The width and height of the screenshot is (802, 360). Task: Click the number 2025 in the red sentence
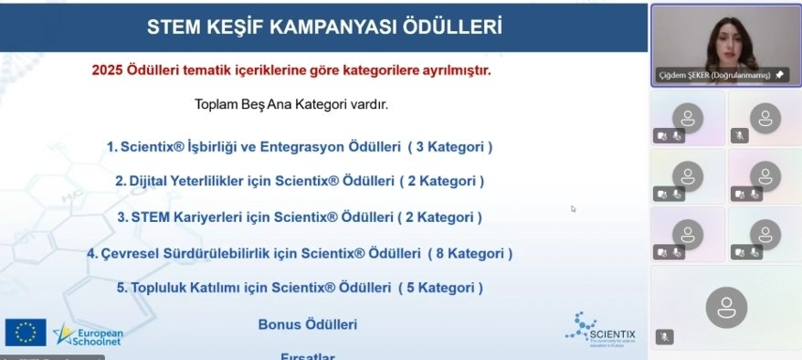point(108,69)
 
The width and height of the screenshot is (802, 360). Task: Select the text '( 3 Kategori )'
point(450,146)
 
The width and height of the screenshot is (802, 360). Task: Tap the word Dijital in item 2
point(148,181)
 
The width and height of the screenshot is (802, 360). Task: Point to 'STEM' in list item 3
point(149,217)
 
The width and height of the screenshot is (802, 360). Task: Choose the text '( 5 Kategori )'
point(440,288)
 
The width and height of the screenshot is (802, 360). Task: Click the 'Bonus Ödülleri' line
point(308,324)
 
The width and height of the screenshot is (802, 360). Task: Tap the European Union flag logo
point(26,333)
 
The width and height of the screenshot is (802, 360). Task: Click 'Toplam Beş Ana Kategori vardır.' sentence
point(291,104)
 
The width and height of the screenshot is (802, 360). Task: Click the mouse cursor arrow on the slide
point(574,208)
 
